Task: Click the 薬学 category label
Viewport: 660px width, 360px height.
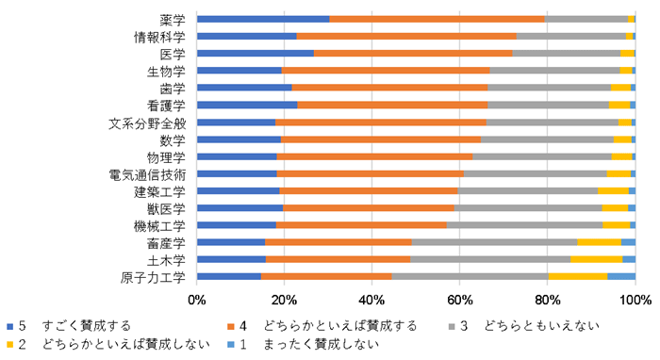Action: pyautogui.click(x=173, y=19)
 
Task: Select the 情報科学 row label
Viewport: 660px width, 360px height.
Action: pyautogui.click(x=160, y=37)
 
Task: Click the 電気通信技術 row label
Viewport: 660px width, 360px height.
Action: pyautogui.click(x=154, y=174)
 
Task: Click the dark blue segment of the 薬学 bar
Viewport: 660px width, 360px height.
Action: pyautogui.click(x=263, y=19)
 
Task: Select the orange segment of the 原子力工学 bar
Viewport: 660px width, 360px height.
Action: pyautogui.click(x=326, y=276)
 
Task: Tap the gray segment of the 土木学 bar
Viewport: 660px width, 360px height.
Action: pyautogui.click(x=490, y=259)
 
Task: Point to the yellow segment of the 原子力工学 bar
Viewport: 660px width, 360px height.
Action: pyautogui.click(x=577, y=276)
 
